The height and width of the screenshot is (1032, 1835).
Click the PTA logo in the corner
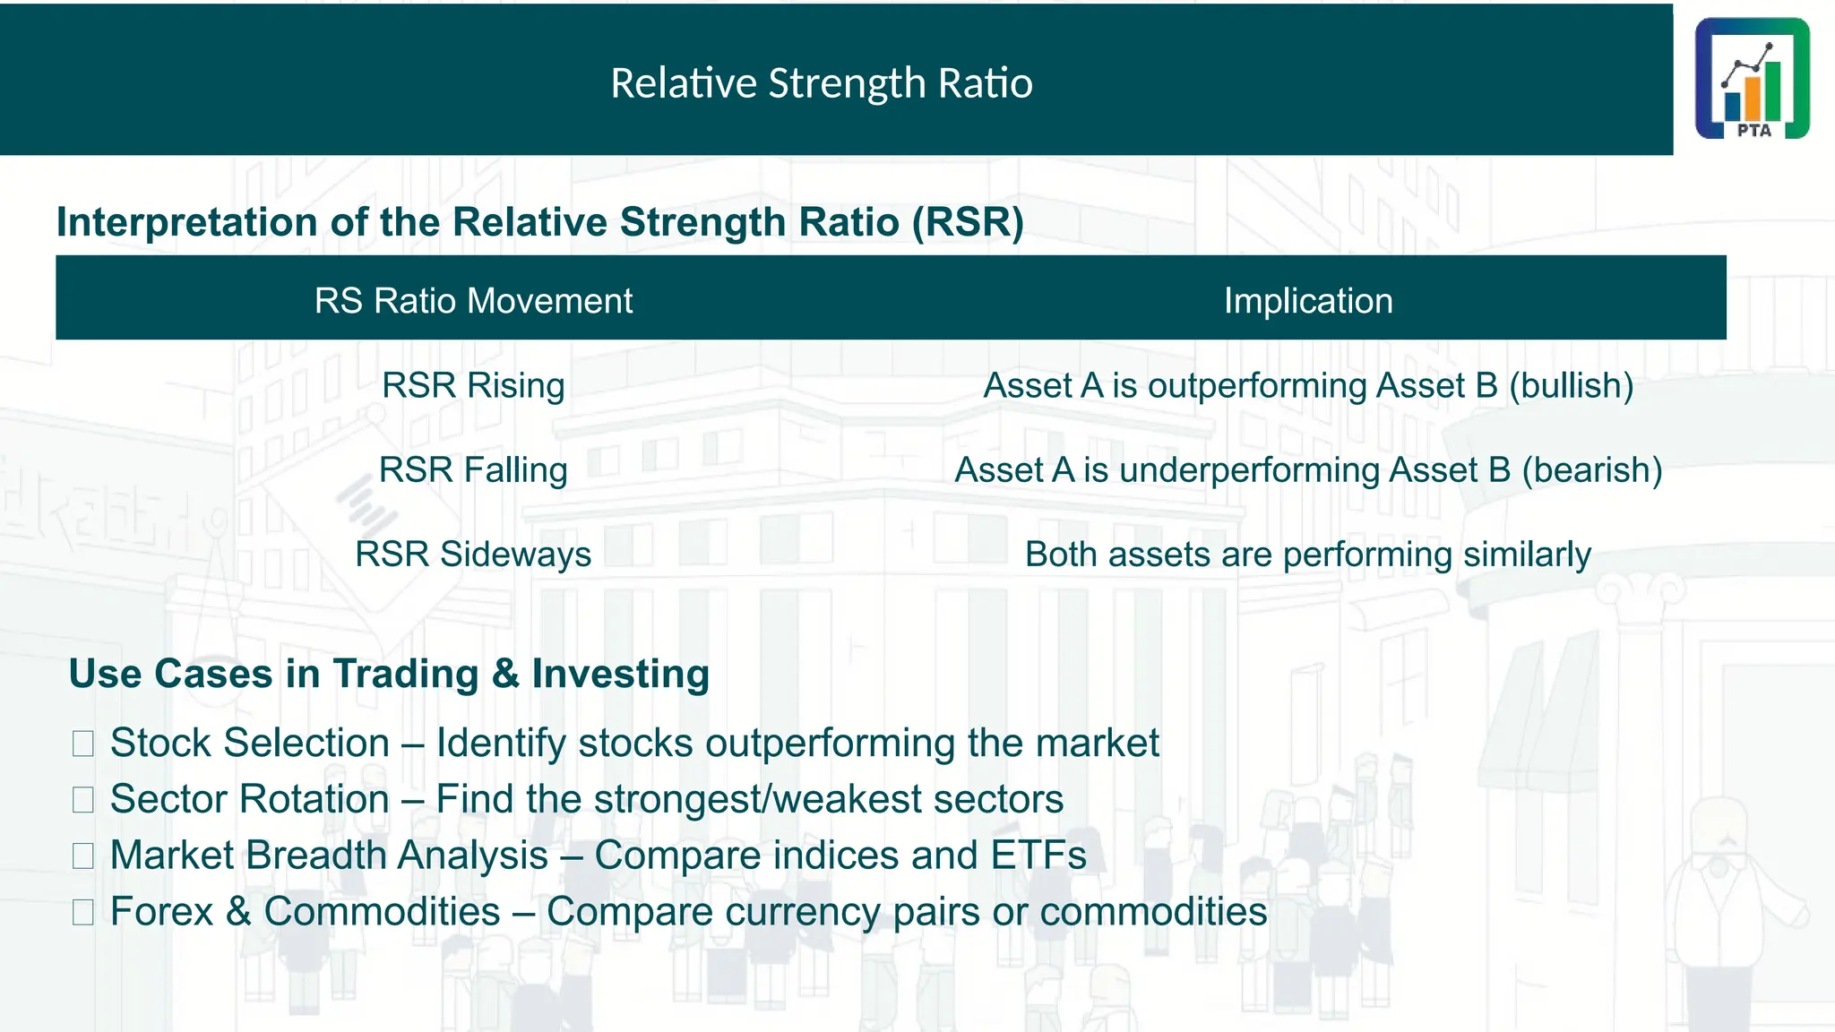click(1752, 79)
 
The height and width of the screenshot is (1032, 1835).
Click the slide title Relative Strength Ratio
click(821, 83)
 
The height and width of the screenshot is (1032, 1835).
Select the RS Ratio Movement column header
click(473, 301)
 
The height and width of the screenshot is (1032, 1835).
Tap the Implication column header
click(1307, 301)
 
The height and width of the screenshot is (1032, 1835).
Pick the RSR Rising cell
click(473, 386)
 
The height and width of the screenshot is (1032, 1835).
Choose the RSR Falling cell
click(473, 470)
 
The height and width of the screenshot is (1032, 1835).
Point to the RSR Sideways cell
click(473, 555)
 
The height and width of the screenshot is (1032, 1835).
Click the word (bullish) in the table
click(1571, 386)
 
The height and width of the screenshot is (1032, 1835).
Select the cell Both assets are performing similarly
click(1307, 555)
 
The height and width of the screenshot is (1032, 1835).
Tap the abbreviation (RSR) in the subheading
click(968, 222)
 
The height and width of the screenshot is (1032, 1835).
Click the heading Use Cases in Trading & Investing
click(389, 674)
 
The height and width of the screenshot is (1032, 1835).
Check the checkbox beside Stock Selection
click(83, 744)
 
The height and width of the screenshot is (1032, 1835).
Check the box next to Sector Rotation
click(83, 800)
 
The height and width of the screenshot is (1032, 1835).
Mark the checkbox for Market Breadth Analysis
click(83, 856)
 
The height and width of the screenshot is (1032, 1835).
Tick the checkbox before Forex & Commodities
click(83, 913)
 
